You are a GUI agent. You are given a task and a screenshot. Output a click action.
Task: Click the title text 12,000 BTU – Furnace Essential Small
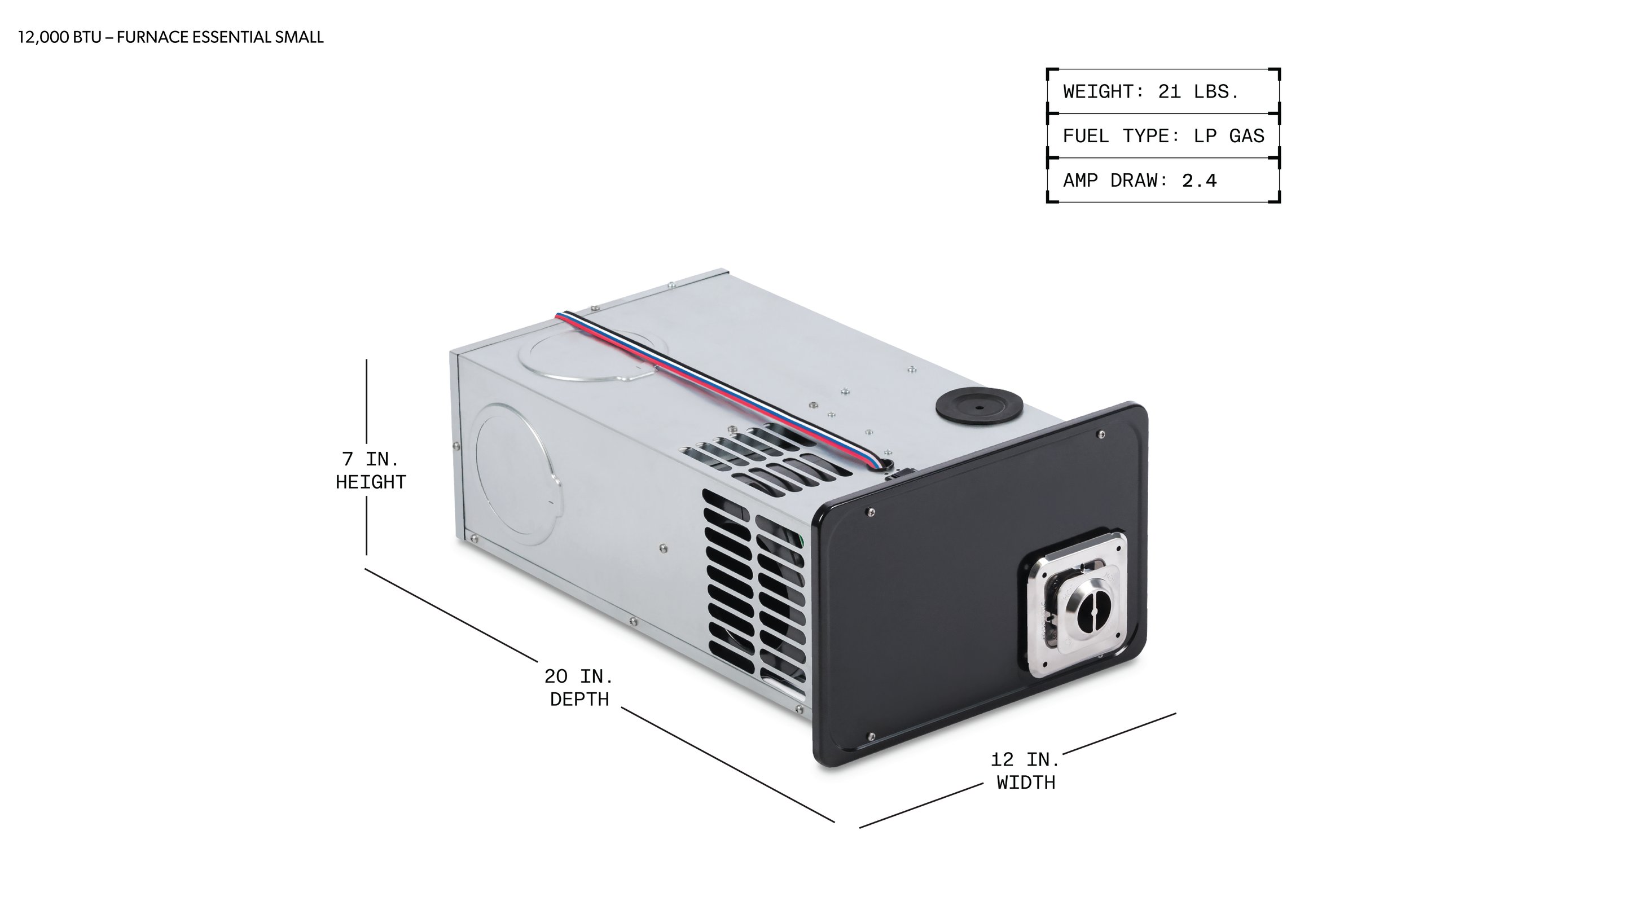170,37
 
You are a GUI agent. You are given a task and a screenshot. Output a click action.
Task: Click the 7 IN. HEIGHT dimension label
371,471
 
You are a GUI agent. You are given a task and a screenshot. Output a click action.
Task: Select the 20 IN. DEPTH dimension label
579,688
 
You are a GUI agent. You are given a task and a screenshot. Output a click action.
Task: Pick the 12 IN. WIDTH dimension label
1026,771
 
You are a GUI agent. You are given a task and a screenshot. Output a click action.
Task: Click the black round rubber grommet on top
978,407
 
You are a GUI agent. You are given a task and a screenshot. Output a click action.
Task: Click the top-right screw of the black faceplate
1101,434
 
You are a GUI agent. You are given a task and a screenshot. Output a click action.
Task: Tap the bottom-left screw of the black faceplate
872,737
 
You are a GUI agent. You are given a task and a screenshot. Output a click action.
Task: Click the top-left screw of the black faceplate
871,512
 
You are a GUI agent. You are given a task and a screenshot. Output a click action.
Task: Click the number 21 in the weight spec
1169,91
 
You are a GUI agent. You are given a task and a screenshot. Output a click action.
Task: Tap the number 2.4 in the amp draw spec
1199,181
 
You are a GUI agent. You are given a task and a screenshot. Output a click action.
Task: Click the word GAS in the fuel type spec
1246,136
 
